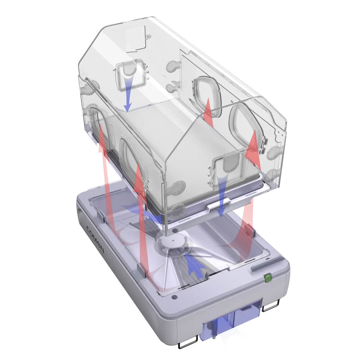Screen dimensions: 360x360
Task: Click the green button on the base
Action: click(x=267, y=278)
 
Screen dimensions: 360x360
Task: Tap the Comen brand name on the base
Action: click(x=95, y=239)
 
